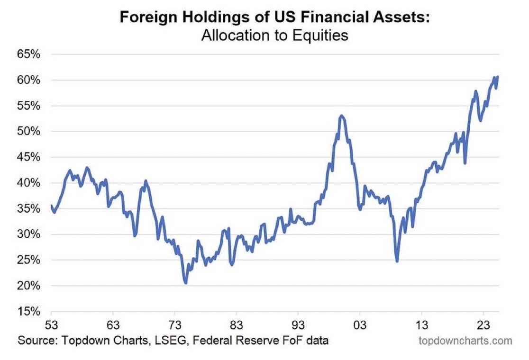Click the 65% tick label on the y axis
tap(29, 54)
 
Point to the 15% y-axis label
tap(29, 312)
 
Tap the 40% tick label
tap(29, 183)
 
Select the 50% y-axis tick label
tap(29, 131)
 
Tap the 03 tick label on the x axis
tap(360, 326)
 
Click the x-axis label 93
tap(298, 326)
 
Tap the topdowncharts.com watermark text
tap(465, 340)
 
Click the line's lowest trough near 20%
tap(185, 283)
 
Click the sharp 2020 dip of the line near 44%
tap(465, 163)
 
